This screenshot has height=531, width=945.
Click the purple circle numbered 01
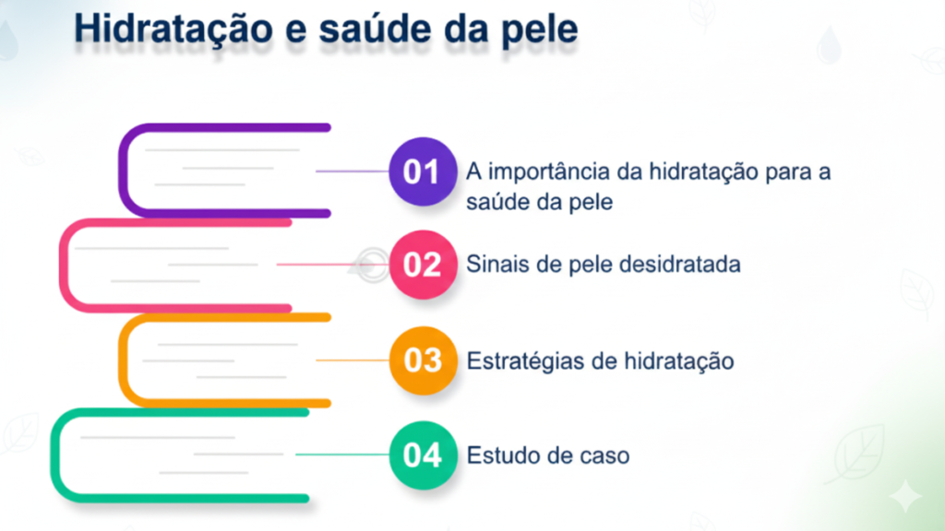point(422,171)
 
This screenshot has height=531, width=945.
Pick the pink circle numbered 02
point(422,265)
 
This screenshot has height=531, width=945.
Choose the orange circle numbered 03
point(422,360)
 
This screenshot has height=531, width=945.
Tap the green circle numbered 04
point(422,454)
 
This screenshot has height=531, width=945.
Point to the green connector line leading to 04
point(342,454)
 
